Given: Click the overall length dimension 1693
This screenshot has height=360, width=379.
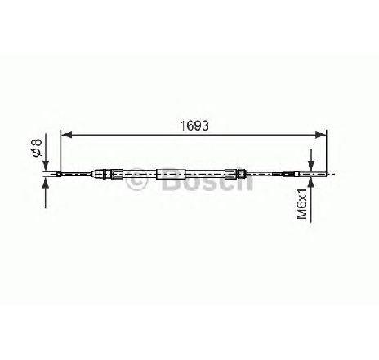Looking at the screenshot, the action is click(194, 126).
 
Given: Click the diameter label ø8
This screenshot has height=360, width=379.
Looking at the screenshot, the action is click(37, 148).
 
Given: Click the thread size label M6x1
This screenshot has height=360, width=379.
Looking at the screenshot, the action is click(301, 203).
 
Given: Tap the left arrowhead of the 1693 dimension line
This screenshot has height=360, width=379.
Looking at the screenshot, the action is click(66, 135).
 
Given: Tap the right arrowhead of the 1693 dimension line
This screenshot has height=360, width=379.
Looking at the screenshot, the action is click(320, 135).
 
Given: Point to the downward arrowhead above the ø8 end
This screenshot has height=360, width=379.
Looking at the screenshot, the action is click(46, 166).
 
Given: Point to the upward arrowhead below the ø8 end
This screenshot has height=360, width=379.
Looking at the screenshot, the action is click(46, 182).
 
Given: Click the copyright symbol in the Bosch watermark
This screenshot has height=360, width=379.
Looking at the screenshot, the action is click(136, 180).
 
